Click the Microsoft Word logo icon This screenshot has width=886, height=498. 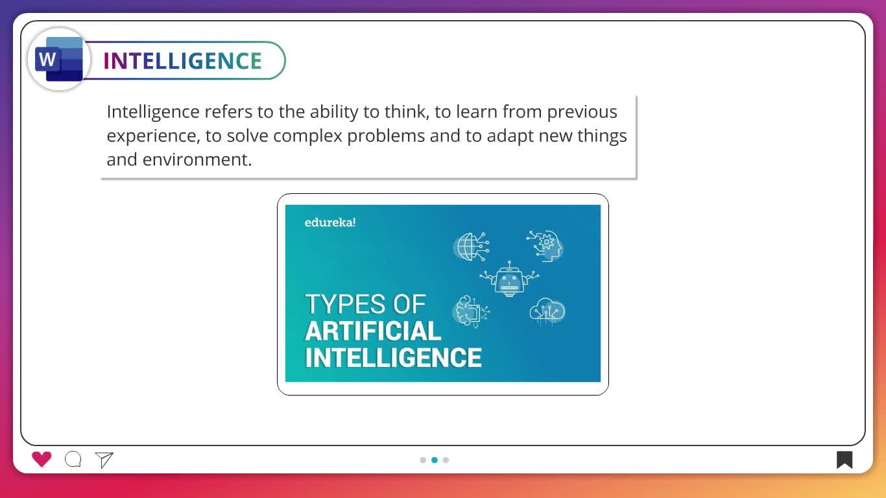[x=59, y=60]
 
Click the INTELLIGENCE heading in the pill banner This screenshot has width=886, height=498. [x=182, y=61]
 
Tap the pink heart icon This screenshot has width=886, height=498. [x=42, y=459]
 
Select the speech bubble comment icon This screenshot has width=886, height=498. [x=73, y=459]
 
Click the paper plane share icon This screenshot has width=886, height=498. [x=104, y=460]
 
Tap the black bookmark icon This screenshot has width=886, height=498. [x=844, y=460]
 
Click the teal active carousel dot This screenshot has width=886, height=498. [x=435, y=460]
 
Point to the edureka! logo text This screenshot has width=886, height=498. [x=330, y=222]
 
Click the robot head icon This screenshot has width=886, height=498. [x=509, y=279]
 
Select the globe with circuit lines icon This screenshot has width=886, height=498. [x=471, y=246]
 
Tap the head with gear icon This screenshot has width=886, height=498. [x=546, y=246]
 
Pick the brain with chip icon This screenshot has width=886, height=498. [x=472, y=311]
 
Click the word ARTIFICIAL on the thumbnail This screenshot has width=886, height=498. [x=373, y=331]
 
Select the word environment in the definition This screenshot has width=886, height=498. [x=197, y=160]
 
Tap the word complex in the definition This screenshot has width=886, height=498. [x=307, y=136]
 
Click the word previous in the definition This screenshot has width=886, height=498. [x=582, y=112]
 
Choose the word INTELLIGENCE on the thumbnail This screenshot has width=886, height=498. [x=394, y=357]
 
